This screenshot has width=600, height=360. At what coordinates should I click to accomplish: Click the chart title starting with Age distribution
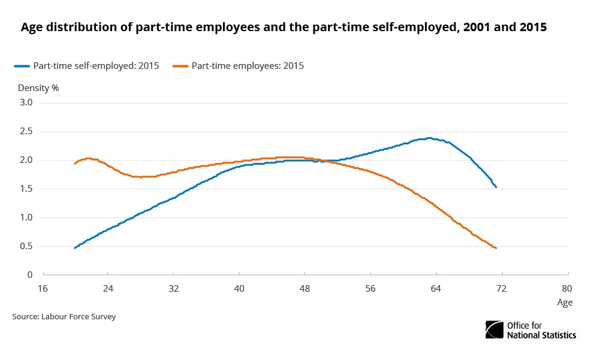point(284,28)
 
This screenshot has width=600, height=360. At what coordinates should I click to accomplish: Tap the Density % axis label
point(38,87)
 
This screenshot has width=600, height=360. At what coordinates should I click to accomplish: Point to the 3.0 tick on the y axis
point(26,103)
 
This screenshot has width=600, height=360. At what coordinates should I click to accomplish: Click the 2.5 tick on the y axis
point(26,132)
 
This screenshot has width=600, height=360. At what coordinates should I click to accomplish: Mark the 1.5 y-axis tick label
point(26,189)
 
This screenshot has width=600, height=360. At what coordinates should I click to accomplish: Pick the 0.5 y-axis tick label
point(26,246)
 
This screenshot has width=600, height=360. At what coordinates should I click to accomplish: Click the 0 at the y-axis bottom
point(29,275)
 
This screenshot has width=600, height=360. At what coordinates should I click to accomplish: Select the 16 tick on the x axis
point(42,288)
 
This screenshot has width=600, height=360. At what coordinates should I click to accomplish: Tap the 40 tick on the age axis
point(239,288)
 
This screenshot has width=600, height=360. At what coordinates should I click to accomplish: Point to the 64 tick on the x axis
point(436,288)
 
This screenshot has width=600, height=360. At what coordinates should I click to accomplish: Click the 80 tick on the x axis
point(567,288)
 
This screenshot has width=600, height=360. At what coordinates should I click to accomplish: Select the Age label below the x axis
point(565,302)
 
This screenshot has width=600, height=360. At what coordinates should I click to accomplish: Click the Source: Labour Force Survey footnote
point(64,316)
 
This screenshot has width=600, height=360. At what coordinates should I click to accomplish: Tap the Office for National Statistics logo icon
point(495,329)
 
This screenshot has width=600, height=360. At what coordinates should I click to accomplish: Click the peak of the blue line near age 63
point(429,138)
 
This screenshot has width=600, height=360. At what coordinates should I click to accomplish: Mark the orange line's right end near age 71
point(496,248)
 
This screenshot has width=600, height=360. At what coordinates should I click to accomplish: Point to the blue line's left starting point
point(75,247)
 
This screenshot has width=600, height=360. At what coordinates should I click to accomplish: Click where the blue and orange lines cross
point(316,161)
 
